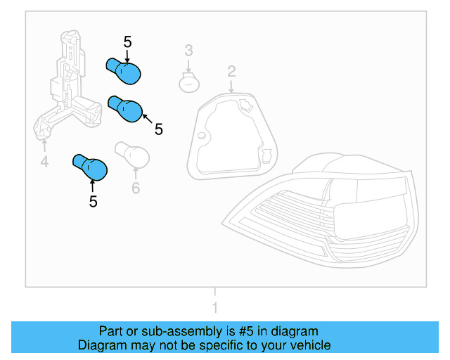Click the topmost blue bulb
[x=124, y=71]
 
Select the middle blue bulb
[x=125, y=109]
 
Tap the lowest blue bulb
[x=90, y=167]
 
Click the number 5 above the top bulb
[x=128, y=42]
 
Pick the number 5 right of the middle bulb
[x=159, y=129]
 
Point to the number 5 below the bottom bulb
[x=94, y=202]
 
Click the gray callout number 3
[x=188, y=50]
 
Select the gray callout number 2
[x=231, y=72]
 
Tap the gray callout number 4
[x=44, y=161]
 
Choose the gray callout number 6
[x=136, y=188]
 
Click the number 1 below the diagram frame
[x=215, y=307]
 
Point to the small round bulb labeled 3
[x=189, y=82]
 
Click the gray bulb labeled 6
[x=132, y=155]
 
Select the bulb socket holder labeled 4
[x=67, y=86]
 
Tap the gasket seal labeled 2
[x=232, y=136]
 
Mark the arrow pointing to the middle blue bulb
[x=148, y=119]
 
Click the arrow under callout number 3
[x=188, y=66]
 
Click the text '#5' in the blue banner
[x=246, y=331]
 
